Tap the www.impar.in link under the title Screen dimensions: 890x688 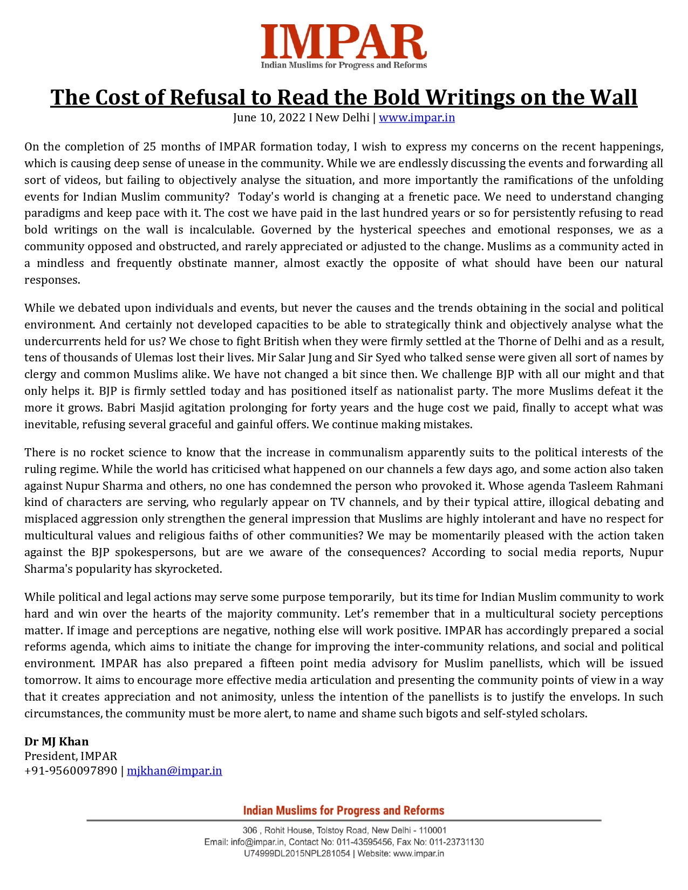(x=417, y=118)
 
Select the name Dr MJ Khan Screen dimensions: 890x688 (x=57, y=742)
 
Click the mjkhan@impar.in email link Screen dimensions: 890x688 (x=174, y=771)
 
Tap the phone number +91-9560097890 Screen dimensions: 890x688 (x=71, y=771)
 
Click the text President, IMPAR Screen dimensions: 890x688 (x=71, y=756)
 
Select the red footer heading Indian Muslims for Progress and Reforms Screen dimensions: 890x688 (x=344, y=811)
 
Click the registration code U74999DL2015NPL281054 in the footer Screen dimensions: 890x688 (x=297, y=854)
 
